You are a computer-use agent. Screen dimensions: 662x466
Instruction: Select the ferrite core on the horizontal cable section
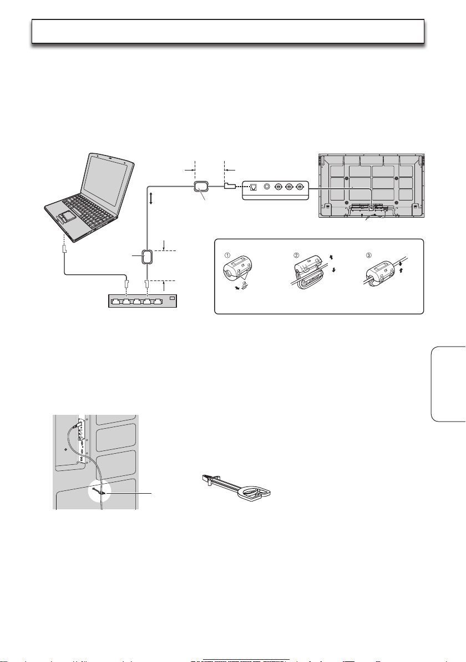199,187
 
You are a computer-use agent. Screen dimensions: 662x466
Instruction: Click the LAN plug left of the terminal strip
230,186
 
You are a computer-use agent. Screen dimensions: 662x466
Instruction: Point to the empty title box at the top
227,31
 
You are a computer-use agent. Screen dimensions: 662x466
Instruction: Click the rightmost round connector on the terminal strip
300,187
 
